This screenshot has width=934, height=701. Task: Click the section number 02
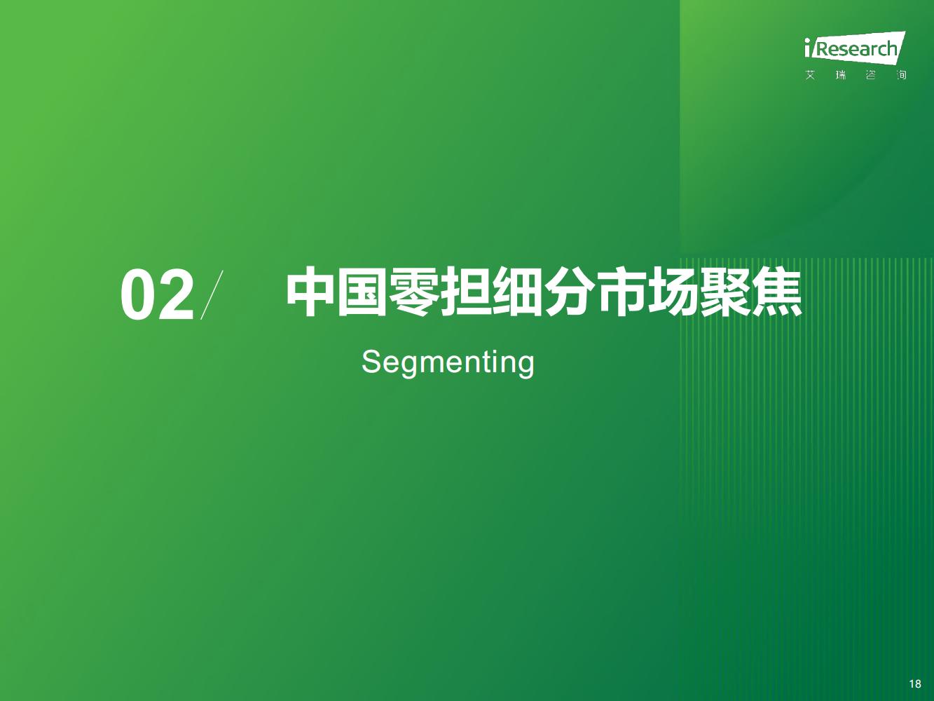pos(157,294)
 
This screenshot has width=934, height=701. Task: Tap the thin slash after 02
pos(212,294)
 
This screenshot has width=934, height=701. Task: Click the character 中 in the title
pos(310,292)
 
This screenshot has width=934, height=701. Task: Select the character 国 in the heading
pos(362,292)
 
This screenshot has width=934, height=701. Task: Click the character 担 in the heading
pos(466,292)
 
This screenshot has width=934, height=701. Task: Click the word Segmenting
pos(448,362)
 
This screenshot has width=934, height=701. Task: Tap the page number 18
pos(915,683)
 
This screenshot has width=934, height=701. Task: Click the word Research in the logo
pos(856,49)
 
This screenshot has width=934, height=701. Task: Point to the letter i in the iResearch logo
pos(808,48)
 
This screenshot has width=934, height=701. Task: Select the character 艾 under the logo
pos(810,75)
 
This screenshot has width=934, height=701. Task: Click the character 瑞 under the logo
pos(840,75)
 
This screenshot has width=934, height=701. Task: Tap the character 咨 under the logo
pos(871,75)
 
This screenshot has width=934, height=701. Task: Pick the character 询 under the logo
pos(901,75)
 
